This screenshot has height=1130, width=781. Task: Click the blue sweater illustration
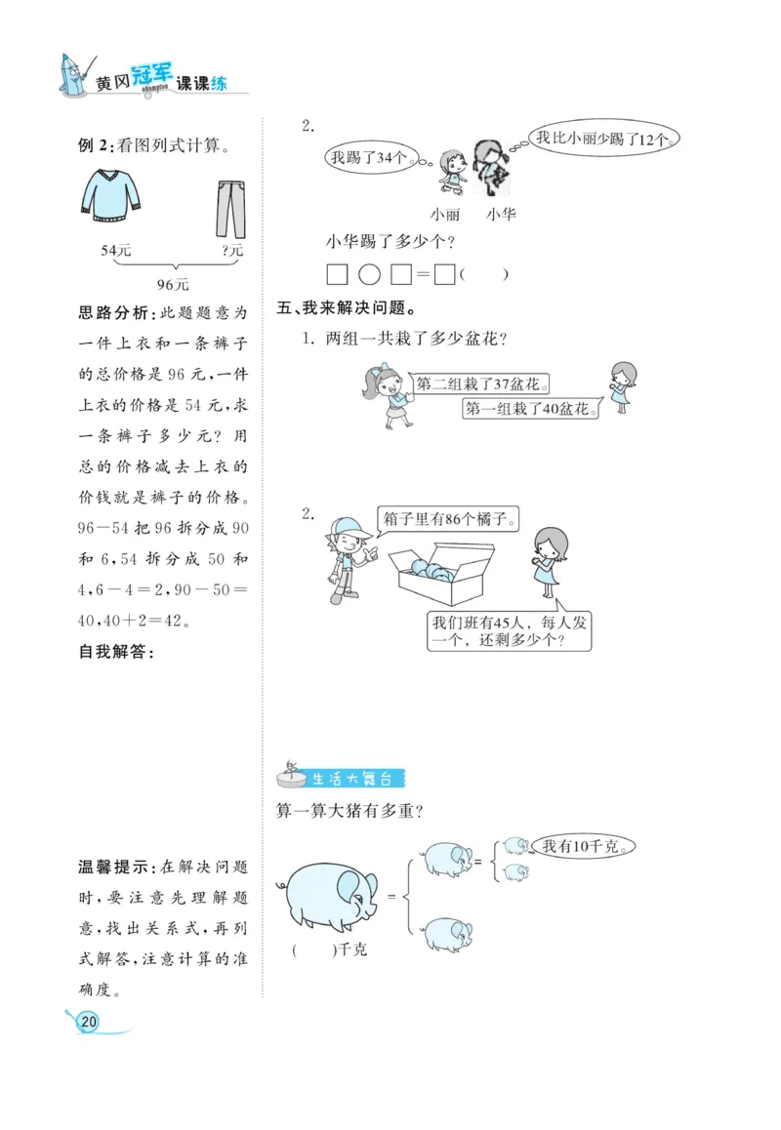(x=111, y=196)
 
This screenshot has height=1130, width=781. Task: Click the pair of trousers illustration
(x=230, y=207)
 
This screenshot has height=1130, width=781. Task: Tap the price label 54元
(x=116, y=251)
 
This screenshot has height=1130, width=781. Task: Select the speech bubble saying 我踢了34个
(x=372, y=155)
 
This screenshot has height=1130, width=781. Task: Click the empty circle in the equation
(x=369, y=274)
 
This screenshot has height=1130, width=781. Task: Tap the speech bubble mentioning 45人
(x=512, y=631)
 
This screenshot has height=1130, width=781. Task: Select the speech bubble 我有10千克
(x=584, y=846)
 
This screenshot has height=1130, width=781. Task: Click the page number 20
(x=89, y=1021)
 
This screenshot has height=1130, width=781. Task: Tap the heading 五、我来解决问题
(x=348, y=309)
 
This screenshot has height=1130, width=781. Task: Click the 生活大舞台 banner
(x=354, y=778)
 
